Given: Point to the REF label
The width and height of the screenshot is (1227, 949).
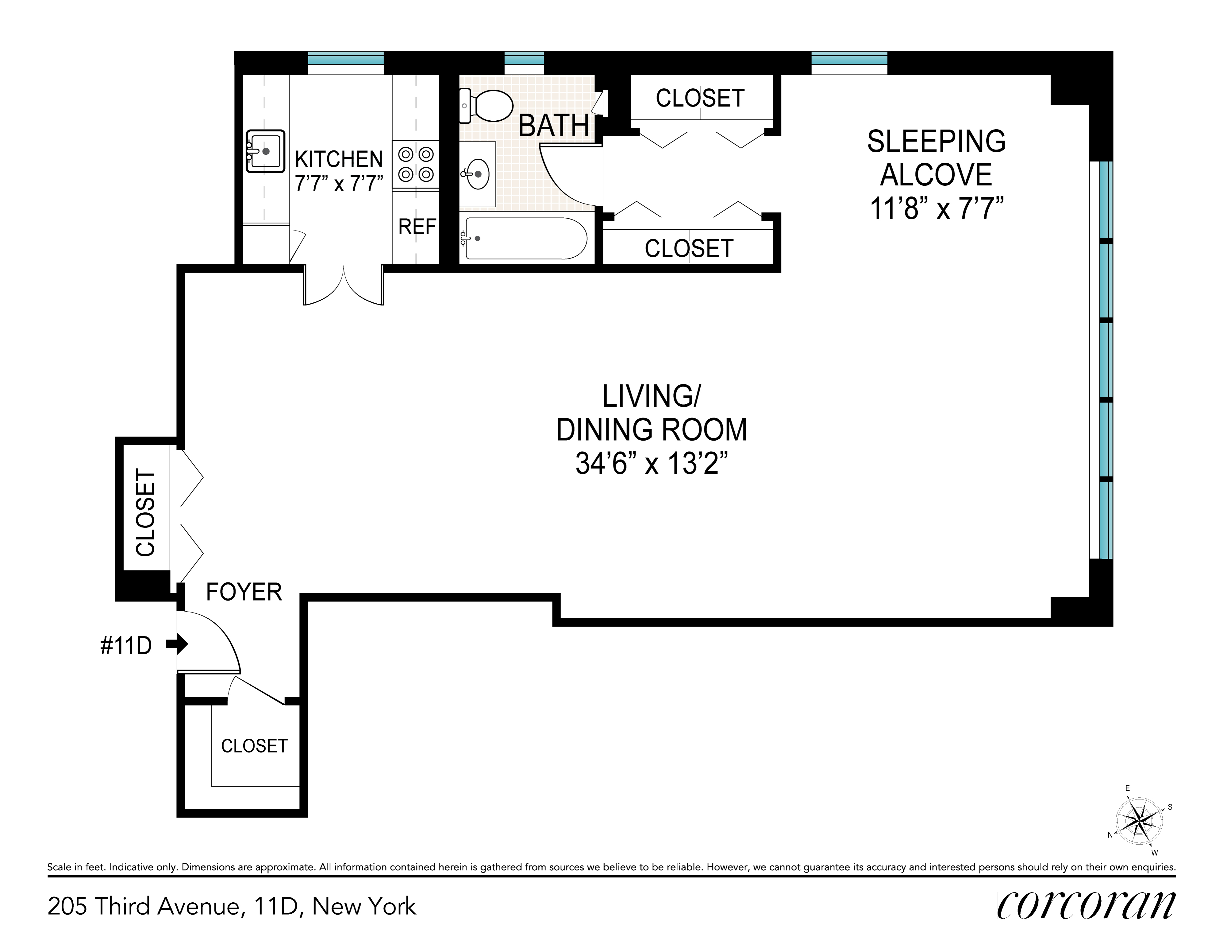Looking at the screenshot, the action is (x=417, y=227).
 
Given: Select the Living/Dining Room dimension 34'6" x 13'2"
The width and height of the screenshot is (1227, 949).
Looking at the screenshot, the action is (x=652, y=465).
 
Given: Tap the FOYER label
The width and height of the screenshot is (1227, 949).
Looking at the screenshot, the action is (x=244, y=592).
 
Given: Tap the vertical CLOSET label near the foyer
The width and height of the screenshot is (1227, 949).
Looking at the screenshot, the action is (x=145, y=513).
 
